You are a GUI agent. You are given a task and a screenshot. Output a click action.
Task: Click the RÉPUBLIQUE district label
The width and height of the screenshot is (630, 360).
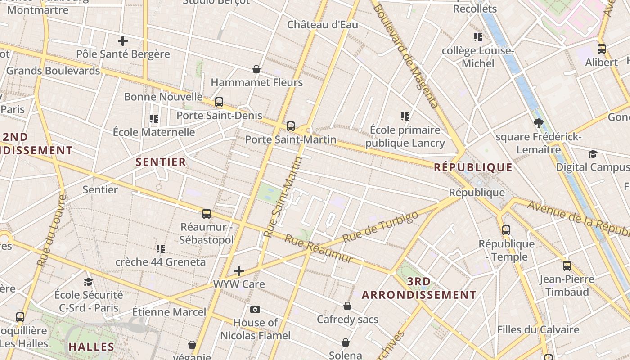473,168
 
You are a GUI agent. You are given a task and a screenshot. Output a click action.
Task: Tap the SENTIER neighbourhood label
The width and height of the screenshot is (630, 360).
161,162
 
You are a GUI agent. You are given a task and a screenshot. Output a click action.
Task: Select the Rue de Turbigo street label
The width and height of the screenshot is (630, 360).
380,227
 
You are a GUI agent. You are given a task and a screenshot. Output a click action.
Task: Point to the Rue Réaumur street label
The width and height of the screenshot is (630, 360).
319,249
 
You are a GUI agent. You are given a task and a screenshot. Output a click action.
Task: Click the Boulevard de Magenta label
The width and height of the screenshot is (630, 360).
405,56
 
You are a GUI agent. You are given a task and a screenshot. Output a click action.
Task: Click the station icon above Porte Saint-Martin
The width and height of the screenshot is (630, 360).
291,126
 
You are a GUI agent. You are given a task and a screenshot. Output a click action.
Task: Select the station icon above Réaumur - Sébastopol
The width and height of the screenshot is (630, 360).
207,214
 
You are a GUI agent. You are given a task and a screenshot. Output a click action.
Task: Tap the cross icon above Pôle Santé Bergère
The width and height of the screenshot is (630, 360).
122,41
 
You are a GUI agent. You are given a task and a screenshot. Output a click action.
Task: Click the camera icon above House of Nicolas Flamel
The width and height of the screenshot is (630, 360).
255,309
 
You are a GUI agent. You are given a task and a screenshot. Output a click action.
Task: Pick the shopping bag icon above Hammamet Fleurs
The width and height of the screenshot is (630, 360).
256,69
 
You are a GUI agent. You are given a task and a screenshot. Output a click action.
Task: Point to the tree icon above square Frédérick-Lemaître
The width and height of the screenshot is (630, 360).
538,123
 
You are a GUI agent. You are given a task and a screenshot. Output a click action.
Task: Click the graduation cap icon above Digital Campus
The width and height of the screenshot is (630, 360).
593,154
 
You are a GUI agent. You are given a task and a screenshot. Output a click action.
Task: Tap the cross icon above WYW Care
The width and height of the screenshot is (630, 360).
239,271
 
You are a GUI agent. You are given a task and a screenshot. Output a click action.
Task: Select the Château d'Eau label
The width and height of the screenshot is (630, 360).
323,25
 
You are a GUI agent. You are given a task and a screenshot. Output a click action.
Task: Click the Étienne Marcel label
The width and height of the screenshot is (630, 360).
169,312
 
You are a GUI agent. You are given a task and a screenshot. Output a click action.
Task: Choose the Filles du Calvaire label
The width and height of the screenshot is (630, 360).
538,330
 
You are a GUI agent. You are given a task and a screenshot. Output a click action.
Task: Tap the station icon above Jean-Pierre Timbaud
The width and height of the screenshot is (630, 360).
567,266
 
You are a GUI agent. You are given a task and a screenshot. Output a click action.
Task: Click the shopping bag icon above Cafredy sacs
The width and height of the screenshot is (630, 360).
347,306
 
